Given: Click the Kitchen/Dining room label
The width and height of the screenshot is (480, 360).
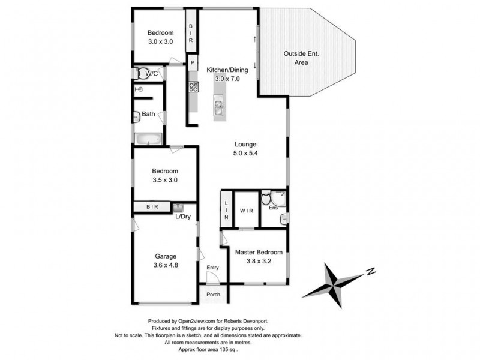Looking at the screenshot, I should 223,70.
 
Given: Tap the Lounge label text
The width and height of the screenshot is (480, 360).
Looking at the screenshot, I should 246,144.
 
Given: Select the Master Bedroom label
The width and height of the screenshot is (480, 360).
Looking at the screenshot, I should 259,253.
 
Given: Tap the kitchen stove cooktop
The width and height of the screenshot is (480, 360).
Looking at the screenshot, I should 194,87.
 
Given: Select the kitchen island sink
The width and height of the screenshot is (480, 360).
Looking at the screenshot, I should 219,109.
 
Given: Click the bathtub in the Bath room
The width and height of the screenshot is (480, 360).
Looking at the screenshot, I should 148,140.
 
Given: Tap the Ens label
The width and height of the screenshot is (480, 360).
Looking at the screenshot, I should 272,208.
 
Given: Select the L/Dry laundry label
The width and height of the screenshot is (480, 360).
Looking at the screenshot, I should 182,217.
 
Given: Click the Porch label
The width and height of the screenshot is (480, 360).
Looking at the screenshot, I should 213,294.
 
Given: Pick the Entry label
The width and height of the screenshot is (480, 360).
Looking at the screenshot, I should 213,268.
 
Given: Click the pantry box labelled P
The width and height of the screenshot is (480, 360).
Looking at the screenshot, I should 193,62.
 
